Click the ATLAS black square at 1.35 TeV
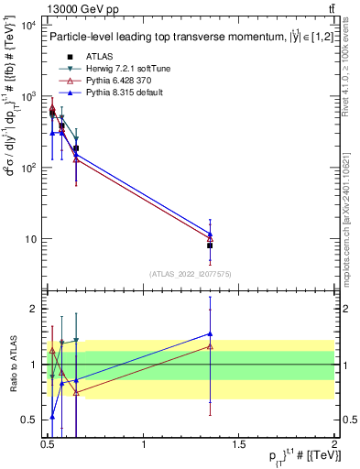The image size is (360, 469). click(210, 245)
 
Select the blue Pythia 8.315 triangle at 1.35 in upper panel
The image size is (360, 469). click(210, 234)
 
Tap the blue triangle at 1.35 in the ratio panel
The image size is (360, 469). click(210, 334)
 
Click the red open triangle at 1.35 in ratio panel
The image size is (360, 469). click(210, 346)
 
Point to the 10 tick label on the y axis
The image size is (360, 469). click(29, 240)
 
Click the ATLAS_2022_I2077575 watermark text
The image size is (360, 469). click(191, 274)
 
